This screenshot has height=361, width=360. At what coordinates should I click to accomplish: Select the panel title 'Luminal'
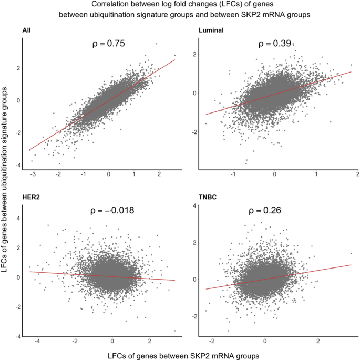pos(211,31)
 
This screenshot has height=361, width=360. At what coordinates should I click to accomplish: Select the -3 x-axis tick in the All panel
pos(33,174)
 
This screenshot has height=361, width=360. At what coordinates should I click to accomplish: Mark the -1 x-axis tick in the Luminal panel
pos(232,174)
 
